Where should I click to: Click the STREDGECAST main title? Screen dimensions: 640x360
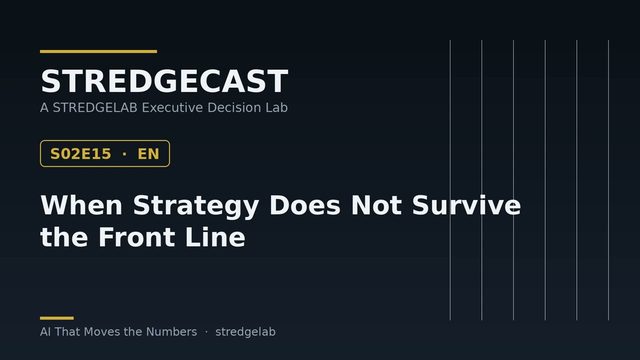pyautogui.click(x=164, y=81)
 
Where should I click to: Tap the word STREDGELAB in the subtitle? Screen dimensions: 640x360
pyautogui.click(x=95, y=107)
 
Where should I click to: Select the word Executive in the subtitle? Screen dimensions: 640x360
pyautogui.click(x=172, y=107)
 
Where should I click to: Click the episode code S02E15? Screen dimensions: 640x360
pyautogui.click(x=80, y=154)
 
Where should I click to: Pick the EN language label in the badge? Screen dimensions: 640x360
pyautogui.click(x=148, y=154)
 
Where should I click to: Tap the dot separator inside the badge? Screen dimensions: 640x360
pyautogui.click(x=124, y=154)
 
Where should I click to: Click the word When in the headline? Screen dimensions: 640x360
pyautogui.click(x=81, y=205)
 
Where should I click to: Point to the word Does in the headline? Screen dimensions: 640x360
pyautogui.click(x=305, y=205)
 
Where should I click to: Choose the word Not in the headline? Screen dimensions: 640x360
pyautogui.click(x=376, y=205)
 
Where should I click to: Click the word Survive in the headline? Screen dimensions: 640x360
pyautogui.click(x=467, y=205)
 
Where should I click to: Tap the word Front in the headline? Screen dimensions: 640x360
pyautogui.click(x=137, y=237)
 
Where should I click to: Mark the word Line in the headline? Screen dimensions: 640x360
pyautogui.click(x=215, y=237)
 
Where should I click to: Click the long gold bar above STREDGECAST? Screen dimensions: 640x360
pyautogui.click(x=98, y=51)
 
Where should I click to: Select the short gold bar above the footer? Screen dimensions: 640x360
pyautogui.click(x=57, y=318)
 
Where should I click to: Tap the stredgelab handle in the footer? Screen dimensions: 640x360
pyautogui.click(x=245, y=332)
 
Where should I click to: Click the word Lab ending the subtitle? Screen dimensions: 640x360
pyautogui.click(x=278, y=107)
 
